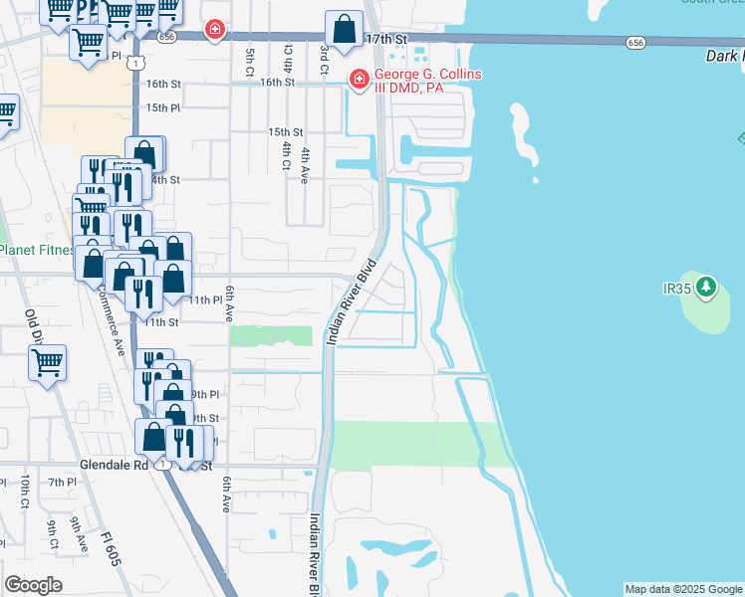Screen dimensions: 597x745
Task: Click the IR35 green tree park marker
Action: pos(706,289)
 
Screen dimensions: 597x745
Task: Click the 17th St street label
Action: pos(387,38)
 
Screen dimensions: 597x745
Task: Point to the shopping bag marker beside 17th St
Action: pos(344,31)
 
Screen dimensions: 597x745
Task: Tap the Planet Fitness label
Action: pos(34,250)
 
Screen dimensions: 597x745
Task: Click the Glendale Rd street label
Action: pos(114,465)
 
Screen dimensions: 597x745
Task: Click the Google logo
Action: pos(33,585)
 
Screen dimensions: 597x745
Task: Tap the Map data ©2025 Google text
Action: pos(683,589)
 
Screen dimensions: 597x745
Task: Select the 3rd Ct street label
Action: pos(324,56)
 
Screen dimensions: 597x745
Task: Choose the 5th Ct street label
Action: pos(249,62)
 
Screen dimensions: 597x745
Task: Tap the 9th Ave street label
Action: pos(79,532)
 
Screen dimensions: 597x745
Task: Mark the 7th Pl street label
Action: pos(62,483)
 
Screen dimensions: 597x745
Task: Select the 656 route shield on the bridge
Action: pos(635,43)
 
